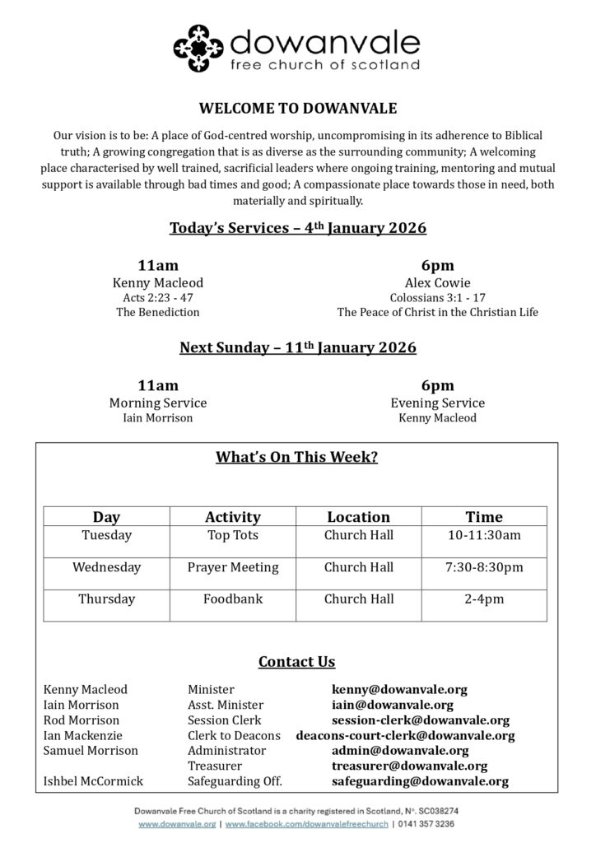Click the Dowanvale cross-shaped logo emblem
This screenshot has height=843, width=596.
198,49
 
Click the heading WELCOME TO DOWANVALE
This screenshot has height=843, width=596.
297,108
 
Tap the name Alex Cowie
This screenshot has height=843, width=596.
437,282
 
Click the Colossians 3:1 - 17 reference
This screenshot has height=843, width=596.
437,297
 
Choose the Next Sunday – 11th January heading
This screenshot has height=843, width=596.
297,347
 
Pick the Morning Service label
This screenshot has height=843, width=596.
158,403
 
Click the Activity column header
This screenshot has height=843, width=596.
233,517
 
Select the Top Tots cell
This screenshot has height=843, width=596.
233,536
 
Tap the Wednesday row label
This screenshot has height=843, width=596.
106,567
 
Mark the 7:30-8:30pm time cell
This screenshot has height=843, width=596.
484,567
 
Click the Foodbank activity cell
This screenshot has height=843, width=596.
233,598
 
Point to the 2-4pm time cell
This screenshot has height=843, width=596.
484,598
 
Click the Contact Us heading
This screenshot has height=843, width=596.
297,661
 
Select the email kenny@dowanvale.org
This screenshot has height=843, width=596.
399,690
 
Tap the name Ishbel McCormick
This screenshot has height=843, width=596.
93,781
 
